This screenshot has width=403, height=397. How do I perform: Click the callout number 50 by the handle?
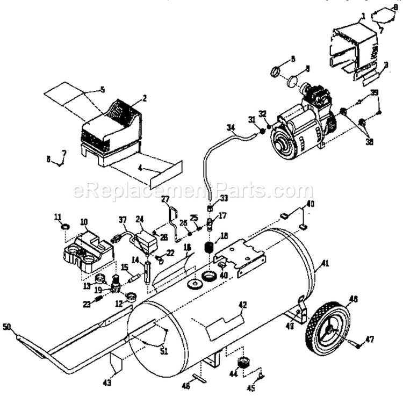coord(6,326)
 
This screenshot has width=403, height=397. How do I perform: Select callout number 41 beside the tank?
coord(324,263)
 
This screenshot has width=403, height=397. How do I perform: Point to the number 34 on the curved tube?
coord(231,128)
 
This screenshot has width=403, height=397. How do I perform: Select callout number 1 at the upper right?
coord(363,16)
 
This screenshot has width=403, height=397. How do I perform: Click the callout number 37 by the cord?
coord(123,219)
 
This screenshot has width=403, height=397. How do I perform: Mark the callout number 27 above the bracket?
coord(165,199)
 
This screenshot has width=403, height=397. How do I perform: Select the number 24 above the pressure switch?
coord(140,219)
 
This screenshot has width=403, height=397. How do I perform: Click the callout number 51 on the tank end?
coord(162,352)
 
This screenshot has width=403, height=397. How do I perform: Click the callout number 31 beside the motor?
coord(251,119)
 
